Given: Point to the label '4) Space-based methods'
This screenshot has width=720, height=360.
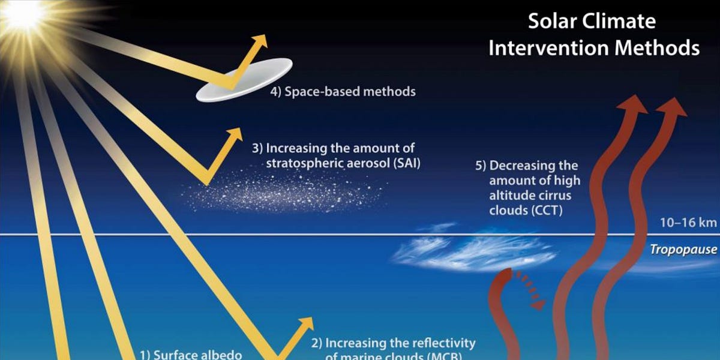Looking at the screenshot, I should [x=342, y=92].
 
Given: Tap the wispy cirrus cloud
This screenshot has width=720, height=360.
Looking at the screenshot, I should [x=474, y=252].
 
